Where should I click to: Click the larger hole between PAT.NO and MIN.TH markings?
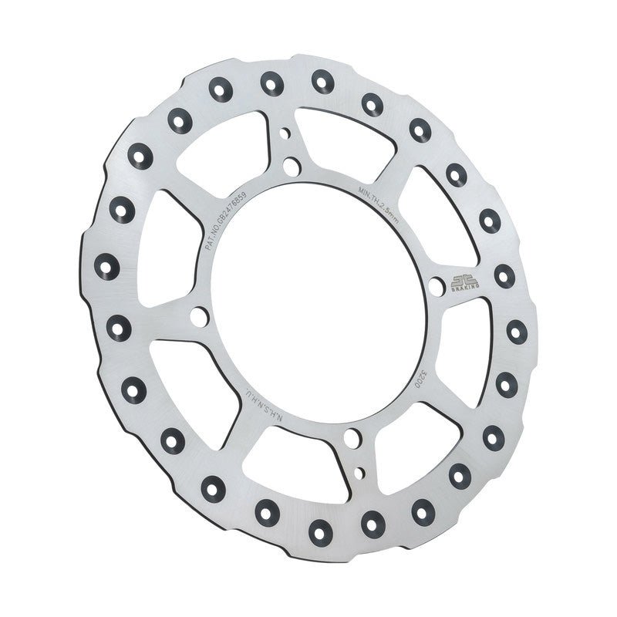(x=291, y=166)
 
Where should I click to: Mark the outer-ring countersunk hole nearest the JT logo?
(x=504, y=275)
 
